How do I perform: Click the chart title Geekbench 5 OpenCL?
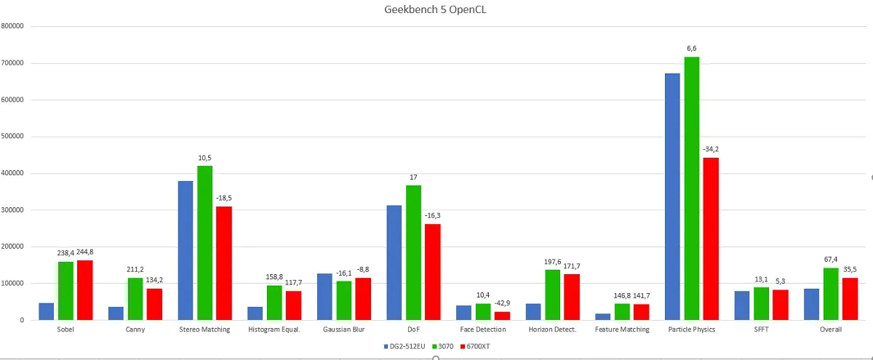tap(435, 9)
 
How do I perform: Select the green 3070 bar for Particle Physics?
tap(691, 188)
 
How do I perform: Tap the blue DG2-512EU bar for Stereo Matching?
tap(186, 250)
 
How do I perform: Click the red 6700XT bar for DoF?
tap(433, 272)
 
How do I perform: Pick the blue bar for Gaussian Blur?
tap(324, 297)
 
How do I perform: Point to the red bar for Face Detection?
tap(503, 316)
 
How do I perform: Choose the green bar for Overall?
tap(831, 294)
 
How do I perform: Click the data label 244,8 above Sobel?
tap(85, 252)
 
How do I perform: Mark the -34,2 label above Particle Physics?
tap(711, 149)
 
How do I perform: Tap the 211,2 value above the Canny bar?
tap(135, 270)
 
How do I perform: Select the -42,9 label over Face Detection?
tap(503, 303)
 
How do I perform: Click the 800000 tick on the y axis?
tap(12, 26)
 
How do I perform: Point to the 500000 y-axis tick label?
tap(12, 137)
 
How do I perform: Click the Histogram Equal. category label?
tap(274, 329)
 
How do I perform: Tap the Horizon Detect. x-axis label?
tap(552, 329)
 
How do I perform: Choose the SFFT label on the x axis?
tap(761, 329)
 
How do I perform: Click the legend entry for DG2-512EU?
tap(404, 346)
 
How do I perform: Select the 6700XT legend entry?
tap(475, 346)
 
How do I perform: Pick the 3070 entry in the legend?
tap(443, 346)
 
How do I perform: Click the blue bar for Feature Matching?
tap(603, 317)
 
